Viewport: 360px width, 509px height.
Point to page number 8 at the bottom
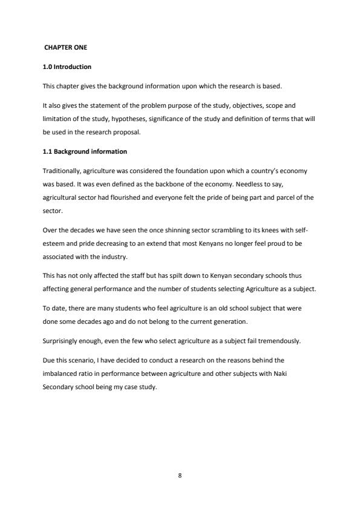180,476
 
